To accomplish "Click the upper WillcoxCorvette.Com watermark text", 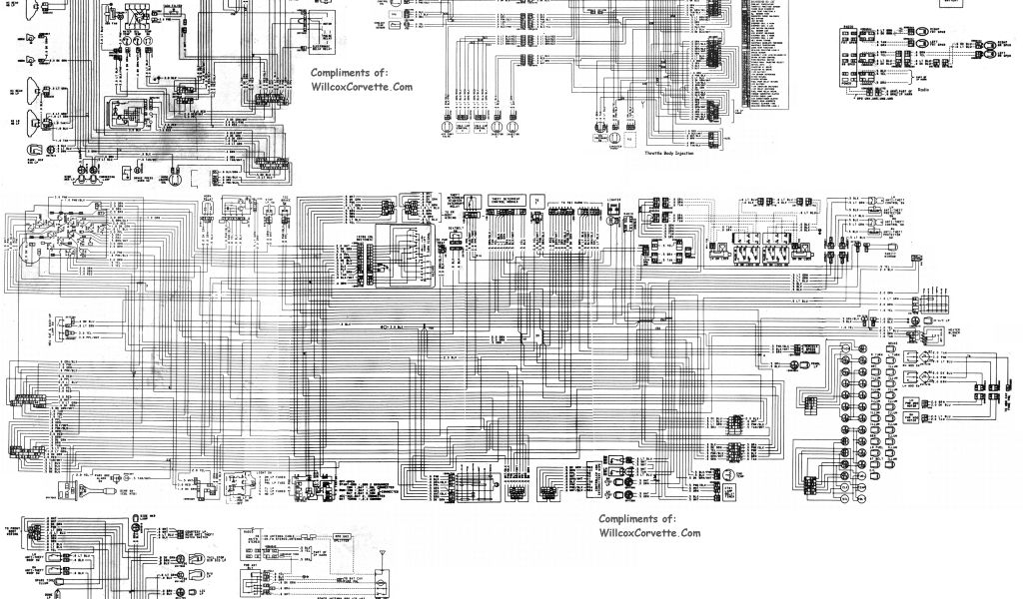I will click(361, 87).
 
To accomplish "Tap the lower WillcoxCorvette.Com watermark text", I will click(649, 533).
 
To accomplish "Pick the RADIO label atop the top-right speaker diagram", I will click(846, 31).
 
